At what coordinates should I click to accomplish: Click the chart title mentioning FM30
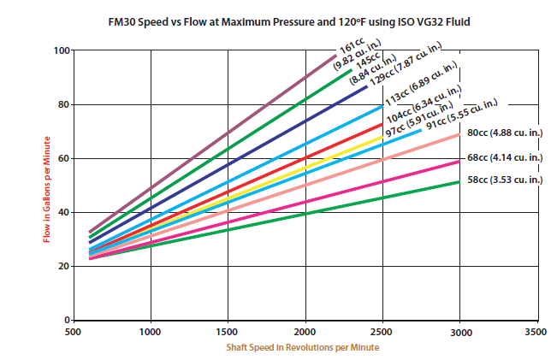point(275,19)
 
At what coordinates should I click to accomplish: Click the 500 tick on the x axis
point(74,330)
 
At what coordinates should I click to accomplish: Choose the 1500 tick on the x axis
point(228,330)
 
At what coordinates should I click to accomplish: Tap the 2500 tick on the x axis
point(382,330)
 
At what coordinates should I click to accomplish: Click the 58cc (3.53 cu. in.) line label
point(504,180)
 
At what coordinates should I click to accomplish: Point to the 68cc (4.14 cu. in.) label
point(504,157)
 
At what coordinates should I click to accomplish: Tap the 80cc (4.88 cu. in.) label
point(504,133)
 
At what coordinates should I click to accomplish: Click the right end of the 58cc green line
point(459,182)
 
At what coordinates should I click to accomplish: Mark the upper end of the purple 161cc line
point(335,57)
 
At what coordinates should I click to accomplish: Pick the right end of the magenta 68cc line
point(459,162)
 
